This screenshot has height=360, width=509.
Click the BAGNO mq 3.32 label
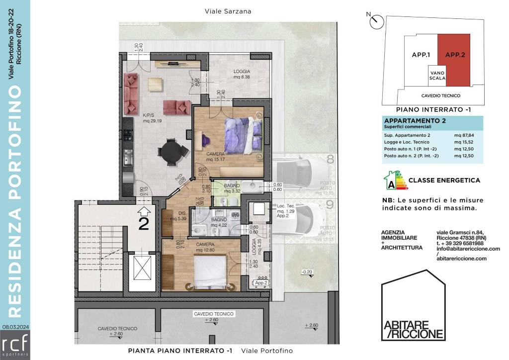(232, 187)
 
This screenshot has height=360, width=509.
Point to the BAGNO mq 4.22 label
(219, 222)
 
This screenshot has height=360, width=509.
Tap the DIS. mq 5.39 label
(177, 215)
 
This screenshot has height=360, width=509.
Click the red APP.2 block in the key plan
(454, 60)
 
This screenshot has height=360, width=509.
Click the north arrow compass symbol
(377, 21)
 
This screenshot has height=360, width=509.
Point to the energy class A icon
(393, 181)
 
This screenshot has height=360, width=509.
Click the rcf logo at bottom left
(15, 345)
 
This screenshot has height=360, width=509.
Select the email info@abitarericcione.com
(461, 249)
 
